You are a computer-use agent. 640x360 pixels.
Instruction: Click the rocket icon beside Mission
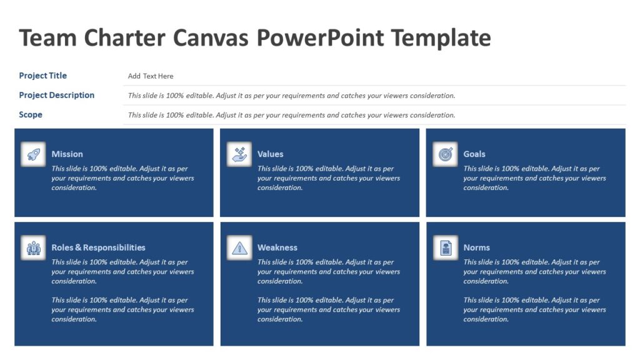click(33, 154)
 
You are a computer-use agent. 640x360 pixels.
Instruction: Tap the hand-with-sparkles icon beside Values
click(239, 154)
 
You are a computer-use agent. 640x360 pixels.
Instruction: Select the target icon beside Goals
click(445, 154)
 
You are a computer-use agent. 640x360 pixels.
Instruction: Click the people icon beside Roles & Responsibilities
click(33, 248)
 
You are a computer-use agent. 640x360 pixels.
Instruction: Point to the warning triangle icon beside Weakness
click(239, 248)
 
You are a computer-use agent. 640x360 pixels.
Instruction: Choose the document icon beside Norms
click(445, 248)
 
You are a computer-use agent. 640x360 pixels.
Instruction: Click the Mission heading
click(67, 154)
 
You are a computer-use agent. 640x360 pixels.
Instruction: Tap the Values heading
click(270, 154)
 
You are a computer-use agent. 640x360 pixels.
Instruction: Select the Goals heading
click(474, 154)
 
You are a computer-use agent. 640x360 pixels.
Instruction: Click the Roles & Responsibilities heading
click(98, 247)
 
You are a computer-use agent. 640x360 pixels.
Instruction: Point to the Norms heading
click(476, 247)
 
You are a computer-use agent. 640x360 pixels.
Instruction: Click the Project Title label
click(42, 76)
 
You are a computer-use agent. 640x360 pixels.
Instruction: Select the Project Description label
click(57, 95)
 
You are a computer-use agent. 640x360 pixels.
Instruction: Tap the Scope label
click(31, 114)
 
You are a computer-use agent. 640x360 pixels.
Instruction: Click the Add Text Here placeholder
click(151, 76)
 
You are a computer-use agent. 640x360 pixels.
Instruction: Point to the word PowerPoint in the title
click(321, 38)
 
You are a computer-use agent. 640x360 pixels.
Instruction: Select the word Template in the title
click(441, 38)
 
